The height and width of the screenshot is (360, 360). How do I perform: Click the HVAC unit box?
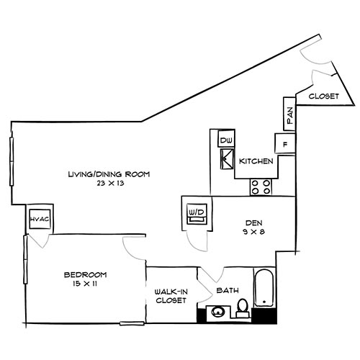point(39,219)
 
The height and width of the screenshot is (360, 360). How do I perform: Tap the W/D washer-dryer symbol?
point(196,212)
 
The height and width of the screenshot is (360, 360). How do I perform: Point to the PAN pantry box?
point(289,114)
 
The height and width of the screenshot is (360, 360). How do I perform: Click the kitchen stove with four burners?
point(261,187)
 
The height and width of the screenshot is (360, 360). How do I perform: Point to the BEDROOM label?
point(85,274)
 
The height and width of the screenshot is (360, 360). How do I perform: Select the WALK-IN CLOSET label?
point(171,296)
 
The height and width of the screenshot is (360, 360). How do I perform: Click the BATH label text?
point(227,291)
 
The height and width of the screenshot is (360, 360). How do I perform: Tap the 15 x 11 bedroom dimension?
point(85,284)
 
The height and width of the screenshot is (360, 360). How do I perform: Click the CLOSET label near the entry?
point(324,96)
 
